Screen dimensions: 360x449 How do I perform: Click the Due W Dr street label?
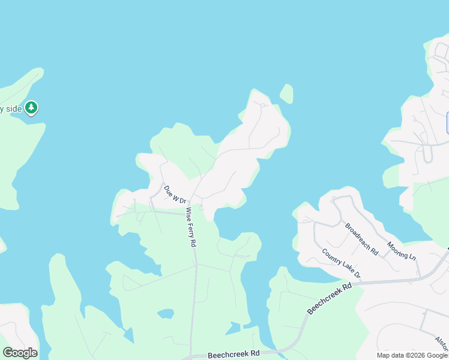click(176, 194)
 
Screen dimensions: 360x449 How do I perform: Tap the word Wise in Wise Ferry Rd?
click(188, 215)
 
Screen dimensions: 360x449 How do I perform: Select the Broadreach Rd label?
click(361, 239)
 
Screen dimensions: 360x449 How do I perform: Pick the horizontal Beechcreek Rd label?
click(234, 355)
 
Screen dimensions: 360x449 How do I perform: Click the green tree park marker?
click(31, 108)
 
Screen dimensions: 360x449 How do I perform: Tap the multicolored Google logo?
click(20, 353)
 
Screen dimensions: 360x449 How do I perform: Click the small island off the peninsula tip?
click(287, 94)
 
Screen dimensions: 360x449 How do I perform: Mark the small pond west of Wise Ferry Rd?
click(165, 313)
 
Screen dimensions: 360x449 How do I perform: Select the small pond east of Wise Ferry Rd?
click(234, 328)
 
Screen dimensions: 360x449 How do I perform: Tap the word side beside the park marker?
click(13, 109)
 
